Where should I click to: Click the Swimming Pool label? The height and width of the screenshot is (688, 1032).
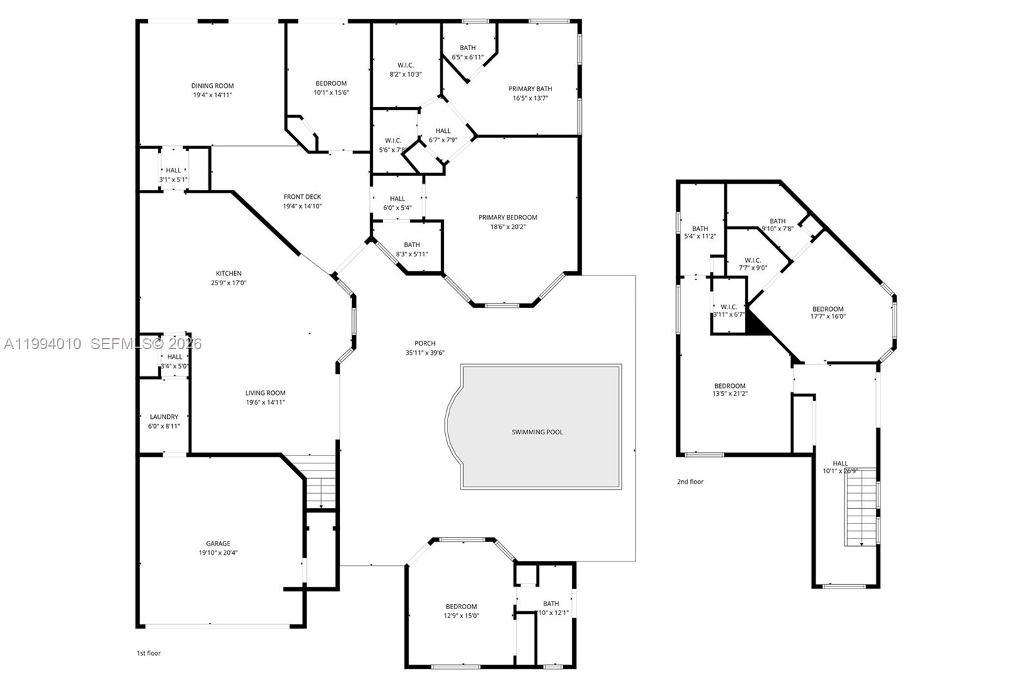click(537, 432)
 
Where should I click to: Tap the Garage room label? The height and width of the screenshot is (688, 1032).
click(218, 543)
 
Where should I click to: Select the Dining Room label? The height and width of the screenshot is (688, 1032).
click(212, 86)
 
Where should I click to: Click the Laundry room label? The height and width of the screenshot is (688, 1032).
click(164, 417)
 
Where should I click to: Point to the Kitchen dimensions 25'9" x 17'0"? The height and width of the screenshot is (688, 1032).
click(228, 283)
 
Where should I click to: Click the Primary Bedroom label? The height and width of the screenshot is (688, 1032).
click(508, 218)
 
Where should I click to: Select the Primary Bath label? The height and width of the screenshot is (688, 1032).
click(530, 89)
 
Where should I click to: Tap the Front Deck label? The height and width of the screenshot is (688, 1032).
click(302, 197)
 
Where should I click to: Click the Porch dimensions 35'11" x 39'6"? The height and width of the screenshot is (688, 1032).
click(425, 353)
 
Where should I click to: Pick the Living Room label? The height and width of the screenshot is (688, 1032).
click(265, 393)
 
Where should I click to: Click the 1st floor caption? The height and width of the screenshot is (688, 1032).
click(148, 653)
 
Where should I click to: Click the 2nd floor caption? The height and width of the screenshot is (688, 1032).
click(690, 481)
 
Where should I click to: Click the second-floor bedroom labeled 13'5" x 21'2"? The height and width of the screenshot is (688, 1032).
click(729, 390)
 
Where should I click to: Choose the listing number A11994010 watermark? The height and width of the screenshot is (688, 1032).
click(43, 344)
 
